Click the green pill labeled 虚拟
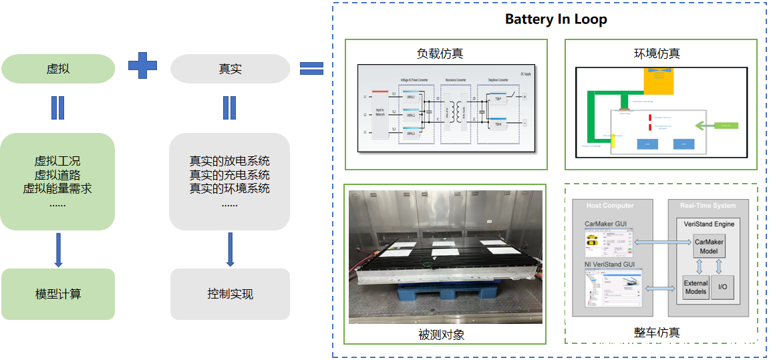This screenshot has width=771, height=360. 58,69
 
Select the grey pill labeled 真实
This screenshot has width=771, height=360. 230,69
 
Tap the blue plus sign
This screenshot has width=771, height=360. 142,65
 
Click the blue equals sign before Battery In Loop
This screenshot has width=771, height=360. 311,67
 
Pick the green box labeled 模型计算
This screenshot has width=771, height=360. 58,294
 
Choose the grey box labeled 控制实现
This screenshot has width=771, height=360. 230,294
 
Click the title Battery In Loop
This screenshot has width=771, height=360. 556,19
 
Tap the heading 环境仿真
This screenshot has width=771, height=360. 657,53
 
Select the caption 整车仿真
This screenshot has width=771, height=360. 657,332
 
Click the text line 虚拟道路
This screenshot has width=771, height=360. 57,175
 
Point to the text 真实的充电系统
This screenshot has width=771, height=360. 230,175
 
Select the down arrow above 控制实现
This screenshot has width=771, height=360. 230,249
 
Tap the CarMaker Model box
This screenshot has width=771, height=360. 709,246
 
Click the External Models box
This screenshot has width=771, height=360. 696,287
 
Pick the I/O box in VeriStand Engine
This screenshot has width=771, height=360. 722,287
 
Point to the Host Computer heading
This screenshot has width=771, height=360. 609,205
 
